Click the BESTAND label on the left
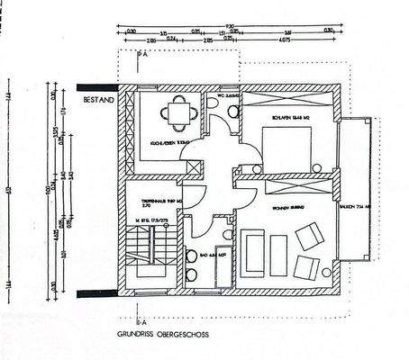97,101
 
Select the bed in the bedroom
288,144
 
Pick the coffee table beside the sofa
277,255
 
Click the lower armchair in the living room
307,267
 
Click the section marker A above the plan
142,55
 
